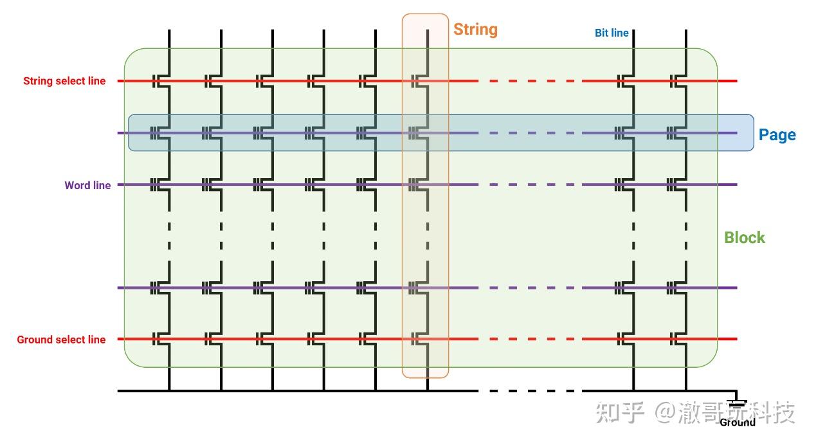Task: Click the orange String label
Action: (x=475, y=30)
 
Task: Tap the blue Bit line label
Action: (x=612, y=33)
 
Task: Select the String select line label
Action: (x=64, y=81)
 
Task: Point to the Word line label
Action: (x=87, y=185)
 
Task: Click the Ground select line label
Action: (x=61, y=340)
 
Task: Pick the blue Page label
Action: (x=777, y=135)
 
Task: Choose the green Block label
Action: (x=745, y=237)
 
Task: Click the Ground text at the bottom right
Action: (x=738, y=422)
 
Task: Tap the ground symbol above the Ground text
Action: (x=737, y=404)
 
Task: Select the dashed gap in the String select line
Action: (x=530, y=81)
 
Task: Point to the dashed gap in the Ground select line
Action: (x=530, y=339)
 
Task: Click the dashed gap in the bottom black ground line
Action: (x=530, y=390)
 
